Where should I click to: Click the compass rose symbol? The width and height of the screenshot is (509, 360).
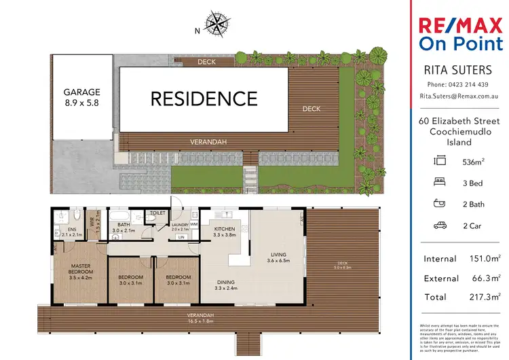(217, 24)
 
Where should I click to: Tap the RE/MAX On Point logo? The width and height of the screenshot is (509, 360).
(459, 35)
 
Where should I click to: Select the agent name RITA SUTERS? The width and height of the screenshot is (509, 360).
(458, 70)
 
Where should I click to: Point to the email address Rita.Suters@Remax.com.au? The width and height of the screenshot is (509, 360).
(458, 97)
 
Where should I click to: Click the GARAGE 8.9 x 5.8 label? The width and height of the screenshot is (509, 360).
(82, 96)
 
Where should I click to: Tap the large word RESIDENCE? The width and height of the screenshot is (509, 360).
(204, 98)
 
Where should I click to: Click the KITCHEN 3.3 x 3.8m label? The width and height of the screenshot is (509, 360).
(225, 232)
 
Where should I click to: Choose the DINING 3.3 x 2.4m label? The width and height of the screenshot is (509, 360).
(228, 285)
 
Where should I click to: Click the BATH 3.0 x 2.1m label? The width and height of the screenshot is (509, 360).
(126, 227)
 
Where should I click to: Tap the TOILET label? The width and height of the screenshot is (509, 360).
(157, 213)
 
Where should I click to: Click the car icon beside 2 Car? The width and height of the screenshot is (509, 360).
(440, 226)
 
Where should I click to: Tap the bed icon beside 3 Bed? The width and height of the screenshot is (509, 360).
(440, 183)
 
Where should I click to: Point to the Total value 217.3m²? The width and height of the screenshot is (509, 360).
(487, 297)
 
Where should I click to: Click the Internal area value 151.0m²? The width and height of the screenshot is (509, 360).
(487, 259)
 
